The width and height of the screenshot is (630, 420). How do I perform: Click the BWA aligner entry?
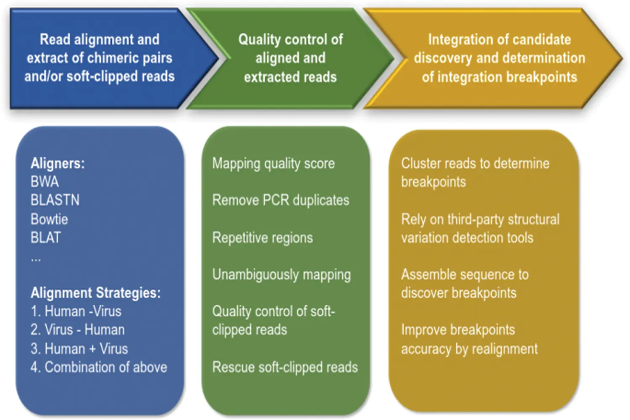click(45, 182)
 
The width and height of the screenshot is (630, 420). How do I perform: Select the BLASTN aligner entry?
click(55, 200)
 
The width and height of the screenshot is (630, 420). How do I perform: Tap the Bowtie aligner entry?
click(49, 219)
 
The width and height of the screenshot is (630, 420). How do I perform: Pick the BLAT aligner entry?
click(45, 237)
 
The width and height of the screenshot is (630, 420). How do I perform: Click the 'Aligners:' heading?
click(57, 163)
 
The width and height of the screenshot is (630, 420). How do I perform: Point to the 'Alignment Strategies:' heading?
click(95, 292)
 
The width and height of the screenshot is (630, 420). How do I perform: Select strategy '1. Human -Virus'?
click(76, 311)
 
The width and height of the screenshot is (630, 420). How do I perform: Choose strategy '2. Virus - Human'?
click(77, 330)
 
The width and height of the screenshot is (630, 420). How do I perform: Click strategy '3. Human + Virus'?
click(79, 349)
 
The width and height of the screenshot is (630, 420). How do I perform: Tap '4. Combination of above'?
click(99, 367)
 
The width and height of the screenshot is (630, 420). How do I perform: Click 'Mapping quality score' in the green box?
click(273, 163)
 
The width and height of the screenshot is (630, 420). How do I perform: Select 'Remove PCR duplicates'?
click(281, 200)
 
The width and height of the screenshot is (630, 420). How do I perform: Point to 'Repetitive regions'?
click(262, 237)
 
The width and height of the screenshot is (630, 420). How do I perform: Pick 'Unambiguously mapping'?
click(281, 274)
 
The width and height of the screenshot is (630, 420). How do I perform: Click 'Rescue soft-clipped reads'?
click(285, 367)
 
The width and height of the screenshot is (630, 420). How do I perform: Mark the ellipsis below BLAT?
click(36, 259)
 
